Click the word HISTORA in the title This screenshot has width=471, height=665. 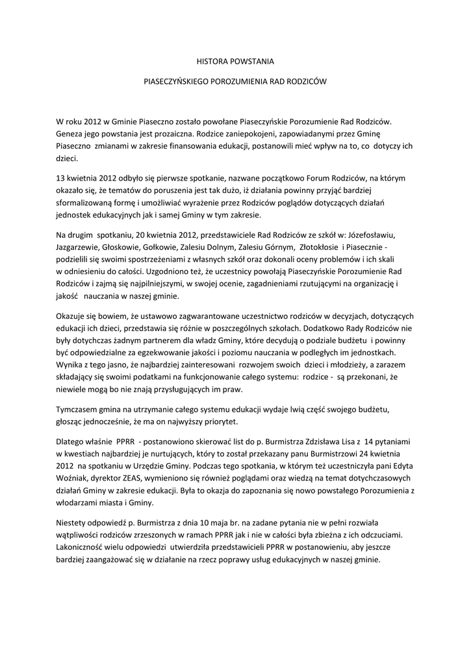(x=212, y=62)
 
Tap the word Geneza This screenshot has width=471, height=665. (x=71, y=134)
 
